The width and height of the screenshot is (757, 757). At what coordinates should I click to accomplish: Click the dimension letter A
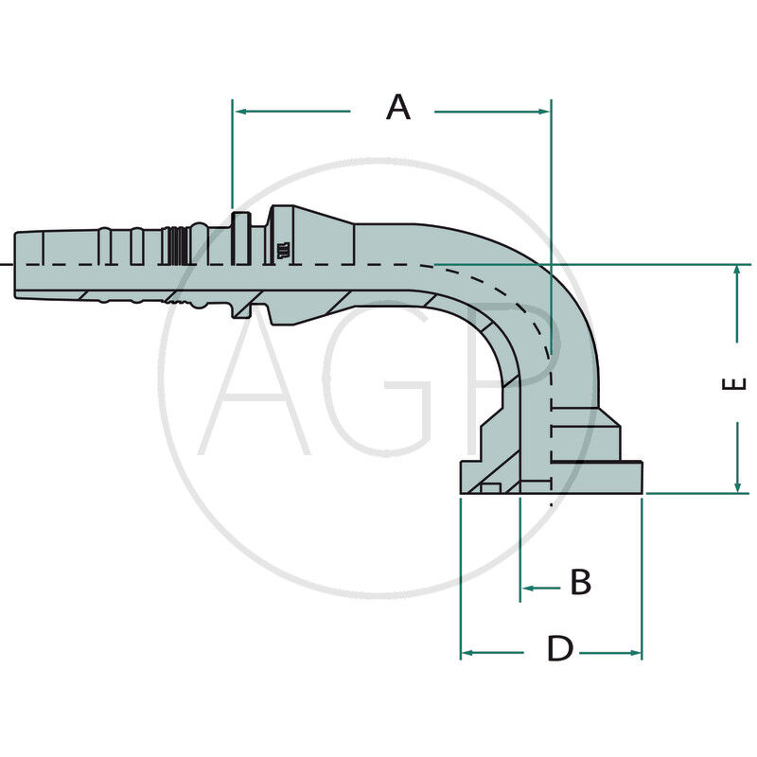click(398, 107)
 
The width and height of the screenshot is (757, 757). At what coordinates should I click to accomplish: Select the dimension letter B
click(580, 583)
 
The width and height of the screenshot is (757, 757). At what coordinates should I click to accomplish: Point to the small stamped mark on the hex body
click(283, 251)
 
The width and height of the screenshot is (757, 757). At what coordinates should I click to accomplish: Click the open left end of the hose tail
click(17, 265)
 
